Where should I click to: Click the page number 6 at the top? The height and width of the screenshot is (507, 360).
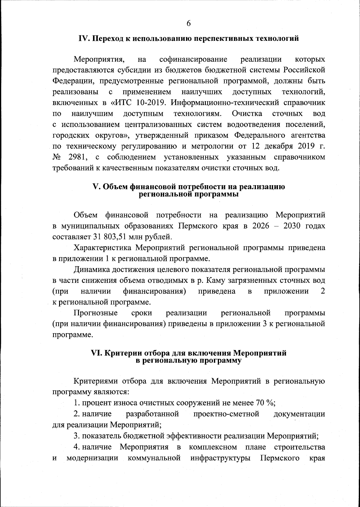(188, 23)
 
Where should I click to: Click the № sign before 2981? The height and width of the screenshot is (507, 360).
(57, 157)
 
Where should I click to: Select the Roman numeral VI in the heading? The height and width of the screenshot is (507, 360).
(96, 353)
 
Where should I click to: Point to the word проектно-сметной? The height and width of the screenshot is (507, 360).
(226, 414)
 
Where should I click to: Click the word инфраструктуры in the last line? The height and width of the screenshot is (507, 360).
(220, 458)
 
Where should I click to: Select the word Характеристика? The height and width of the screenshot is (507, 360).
(103, 248)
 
